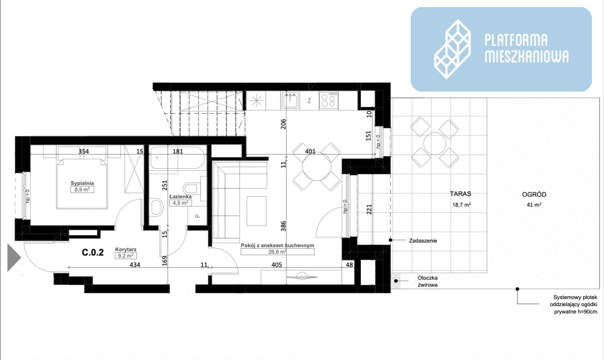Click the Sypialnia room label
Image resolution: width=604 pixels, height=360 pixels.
pos(82,183)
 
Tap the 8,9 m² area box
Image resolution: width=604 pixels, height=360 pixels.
pos(82,190)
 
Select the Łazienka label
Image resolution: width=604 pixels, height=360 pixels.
pos(180,196)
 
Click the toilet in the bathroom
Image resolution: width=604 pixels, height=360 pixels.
pos(191,188)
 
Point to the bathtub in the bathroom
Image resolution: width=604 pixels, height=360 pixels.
pos(177,158)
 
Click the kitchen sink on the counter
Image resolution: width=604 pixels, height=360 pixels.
pos(290,100)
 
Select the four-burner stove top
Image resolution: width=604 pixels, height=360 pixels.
pos(329,100)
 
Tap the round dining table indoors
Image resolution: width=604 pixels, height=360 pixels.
pos(317,166)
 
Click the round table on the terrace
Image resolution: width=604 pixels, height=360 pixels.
pos(435,143)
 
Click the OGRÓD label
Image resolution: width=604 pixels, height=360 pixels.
pos(534,194)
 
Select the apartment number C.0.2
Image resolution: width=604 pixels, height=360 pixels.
pos(93,252)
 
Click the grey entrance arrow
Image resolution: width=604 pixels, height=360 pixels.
pos(14,257)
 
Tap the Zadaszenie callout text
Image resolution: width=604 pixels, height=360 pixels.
pos(423,241)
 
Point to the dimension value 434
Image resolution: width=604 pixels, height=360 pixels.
pos(135,265)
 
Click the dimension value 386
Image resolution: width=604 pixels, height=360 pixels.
pos(283,226)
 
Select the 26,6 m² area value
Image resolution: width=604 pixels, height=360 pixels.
pos(277,252)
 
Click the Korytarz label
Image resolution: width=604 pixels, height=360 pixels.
pos(126,249)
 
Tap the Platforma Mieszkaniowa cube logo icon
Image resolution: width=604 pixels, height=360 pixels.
pos(452,49)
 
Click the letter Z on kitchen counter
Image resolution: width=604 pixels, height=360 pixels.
pos(309,101)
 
